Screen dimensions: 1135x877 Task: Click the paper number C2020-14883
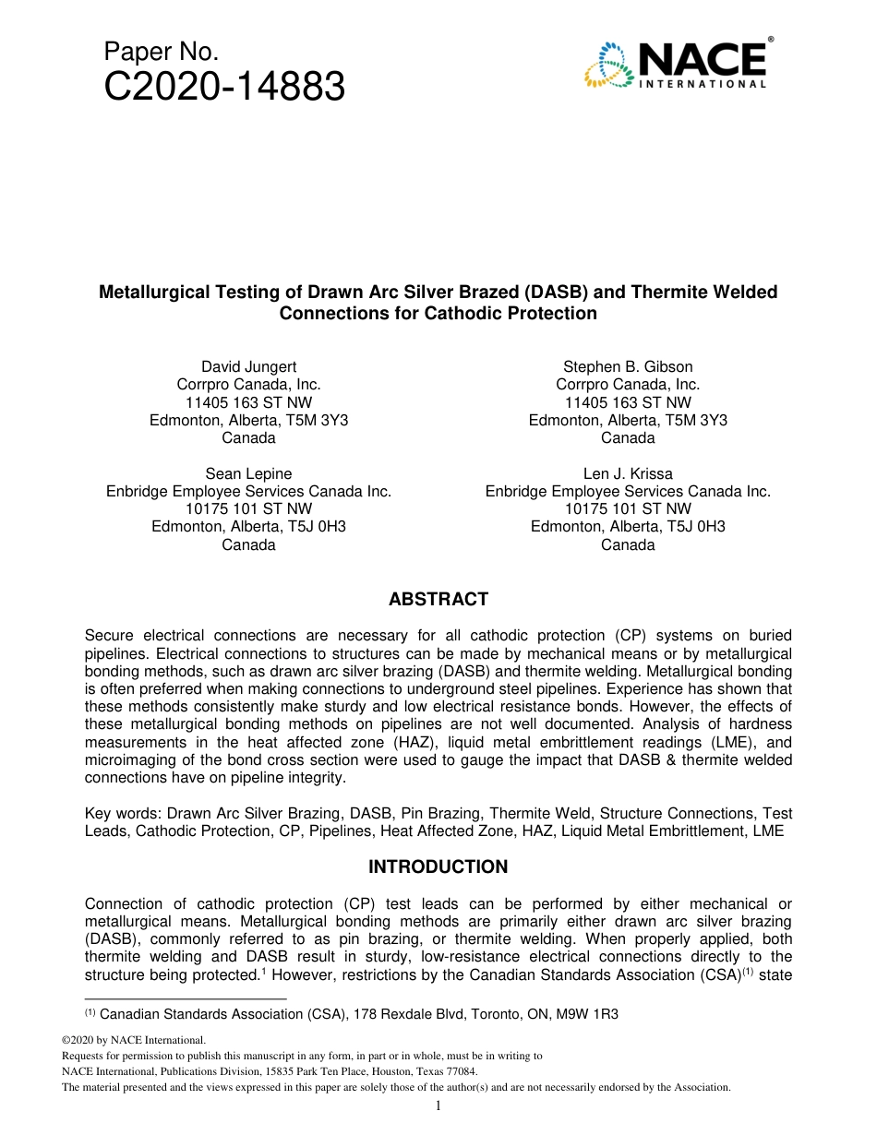[x=225, y=88]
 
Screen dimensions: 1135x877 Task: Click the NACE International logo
[x=676, y=63]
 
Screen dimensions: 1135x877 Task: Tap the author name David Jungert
[x=248, y=367]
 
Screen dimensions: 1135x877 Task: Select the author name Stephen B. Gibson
[x=628, y=367]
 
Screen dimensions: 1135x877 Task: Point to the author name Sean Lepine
[x=248, y=474]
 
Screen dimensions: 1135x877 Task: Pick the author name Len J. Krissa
[x=628, y=474]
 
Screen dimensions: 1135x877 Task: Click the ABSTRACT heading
[x=438, y=600]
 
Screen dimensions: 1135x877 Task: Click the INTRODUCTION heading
[x=438, y=867]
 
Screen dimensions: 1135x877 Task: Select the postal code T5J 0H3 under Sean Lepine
[x=318, y=527]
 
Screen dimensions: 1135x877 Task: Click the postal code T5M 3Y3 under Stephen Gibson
[x=699, y=420]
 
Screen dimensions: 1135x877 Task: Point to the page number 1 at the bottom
[x=438, y=1106]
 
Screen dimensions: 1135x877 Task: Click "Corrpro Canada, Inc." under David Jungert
[x=248, y=385]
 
